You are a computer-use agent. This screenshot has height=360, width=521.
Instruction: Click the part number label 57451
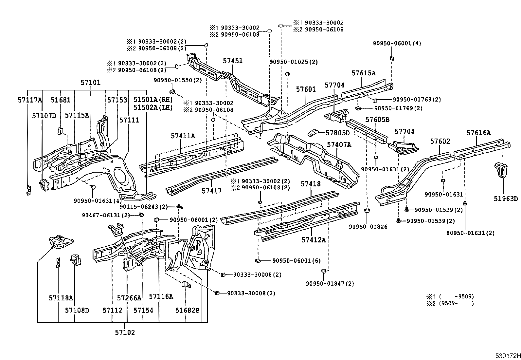pyautogui.click(x=233, y=61)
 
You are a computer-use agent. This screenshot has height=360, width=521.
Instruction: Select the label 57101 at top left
pyautogui.click(x=91, y=83)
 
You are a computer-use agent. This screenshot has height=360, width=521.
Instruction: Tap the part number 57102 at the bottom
pyautogui.click(x=125, y=332)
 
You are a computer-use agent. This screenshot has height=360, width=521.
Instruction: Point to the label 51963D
pyautogui.click(x=506, y=199)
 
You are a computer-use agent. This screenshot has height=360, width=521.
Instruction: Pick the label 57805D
pyautogui.click(x=337, y=133)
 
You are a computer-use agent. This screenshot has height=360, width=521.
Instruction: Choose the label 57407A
pyautogui.click(x=339, y=144)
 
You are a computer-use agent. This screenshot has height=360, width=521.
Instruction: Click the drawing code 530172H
pyautogui.click(x=507, y=356)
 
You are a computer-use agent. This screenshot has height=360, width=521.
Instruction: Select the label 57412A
pyautogui.click(x=314, y=240)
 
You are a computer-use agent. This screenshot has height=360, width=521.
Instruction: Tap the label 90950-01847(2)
pyautogui.click(x=330, y=284)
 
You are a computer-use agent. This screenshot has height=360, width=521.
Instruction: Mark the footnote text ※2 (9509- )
pyautogui.click(x=450, y=303)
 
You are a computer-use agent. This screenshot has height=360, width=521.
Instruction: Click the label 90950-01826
pyautogui.click(x=368, y=227)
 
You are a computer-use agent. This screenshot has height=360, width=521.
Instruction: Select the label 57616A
pyautogui.click(x=478, y=133)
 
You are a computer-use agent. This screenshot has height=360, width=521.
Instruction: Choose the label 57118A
pyautogui.click(x=61, y=298)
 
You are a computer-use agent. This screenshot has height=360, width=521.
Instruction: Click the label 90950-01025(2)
pyautogui.click(x=294, y=62)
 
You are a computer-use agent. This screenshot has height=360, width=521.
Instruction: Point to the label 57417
pyautogui.click(x=212, y=191)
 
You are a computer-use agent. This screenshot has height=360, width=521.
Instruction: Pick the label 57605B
pyautogui.click(x=377, y=120)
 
